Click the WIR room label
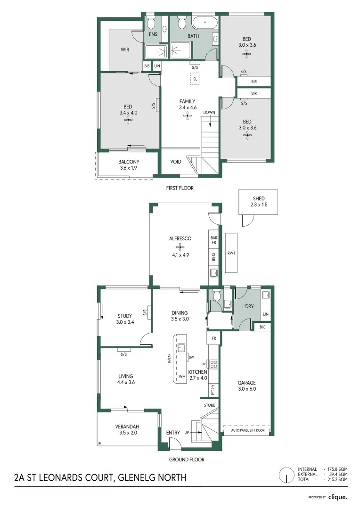pos(124,49)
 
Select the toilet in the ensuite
pos(151,23)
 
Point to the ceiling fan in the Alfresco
pos(180,246)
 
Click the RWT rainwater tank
pos(231,253)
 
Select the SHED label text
pos(258,198)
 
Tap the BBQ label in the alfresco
pos(213,257)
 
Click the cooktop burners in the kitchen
pos(213,364)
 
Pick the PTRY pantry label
pos(213,389)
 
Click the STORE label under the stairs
pos(209,405)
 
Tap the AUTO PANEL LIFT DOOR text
pos(251,430)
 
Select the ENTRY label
pos(173,433)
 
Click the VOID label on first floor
pos(175,162)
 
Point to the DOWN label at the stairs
pos(209,112)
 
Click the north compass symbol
pos(286,475)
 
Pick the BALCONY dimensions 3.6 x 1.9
pos(128,168)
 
